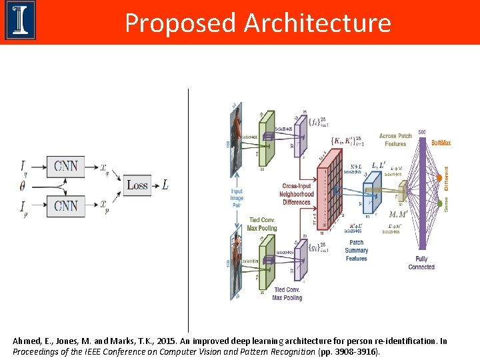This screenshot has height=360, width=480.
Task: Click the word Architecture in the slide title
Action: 317,23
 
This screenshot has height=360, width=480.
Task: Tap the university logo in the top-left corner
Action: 20,21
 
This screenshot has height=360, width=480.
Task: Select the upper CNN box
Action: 66,165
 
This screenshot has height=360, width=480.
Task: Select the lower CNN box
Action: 66,205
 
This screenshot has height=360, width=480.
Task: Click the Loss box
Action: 137,185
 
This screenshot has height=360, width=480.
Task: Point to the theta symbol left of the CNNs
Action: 22,185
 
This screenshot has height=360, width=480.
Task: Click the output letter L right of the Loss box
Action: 165,185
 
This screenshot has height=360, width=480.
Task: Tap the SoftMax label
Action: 441,143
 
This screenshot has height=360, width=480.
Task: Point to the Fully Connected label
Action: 421,263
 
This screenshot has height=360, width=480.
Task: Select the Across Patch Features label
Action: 395,139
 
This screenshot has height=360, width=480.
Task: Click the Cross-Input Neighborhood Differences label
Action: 297,193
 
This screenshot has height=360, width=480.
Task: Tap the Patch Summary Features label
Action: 357,251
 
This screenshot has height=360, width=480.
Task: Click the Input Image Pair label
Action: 237,197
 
